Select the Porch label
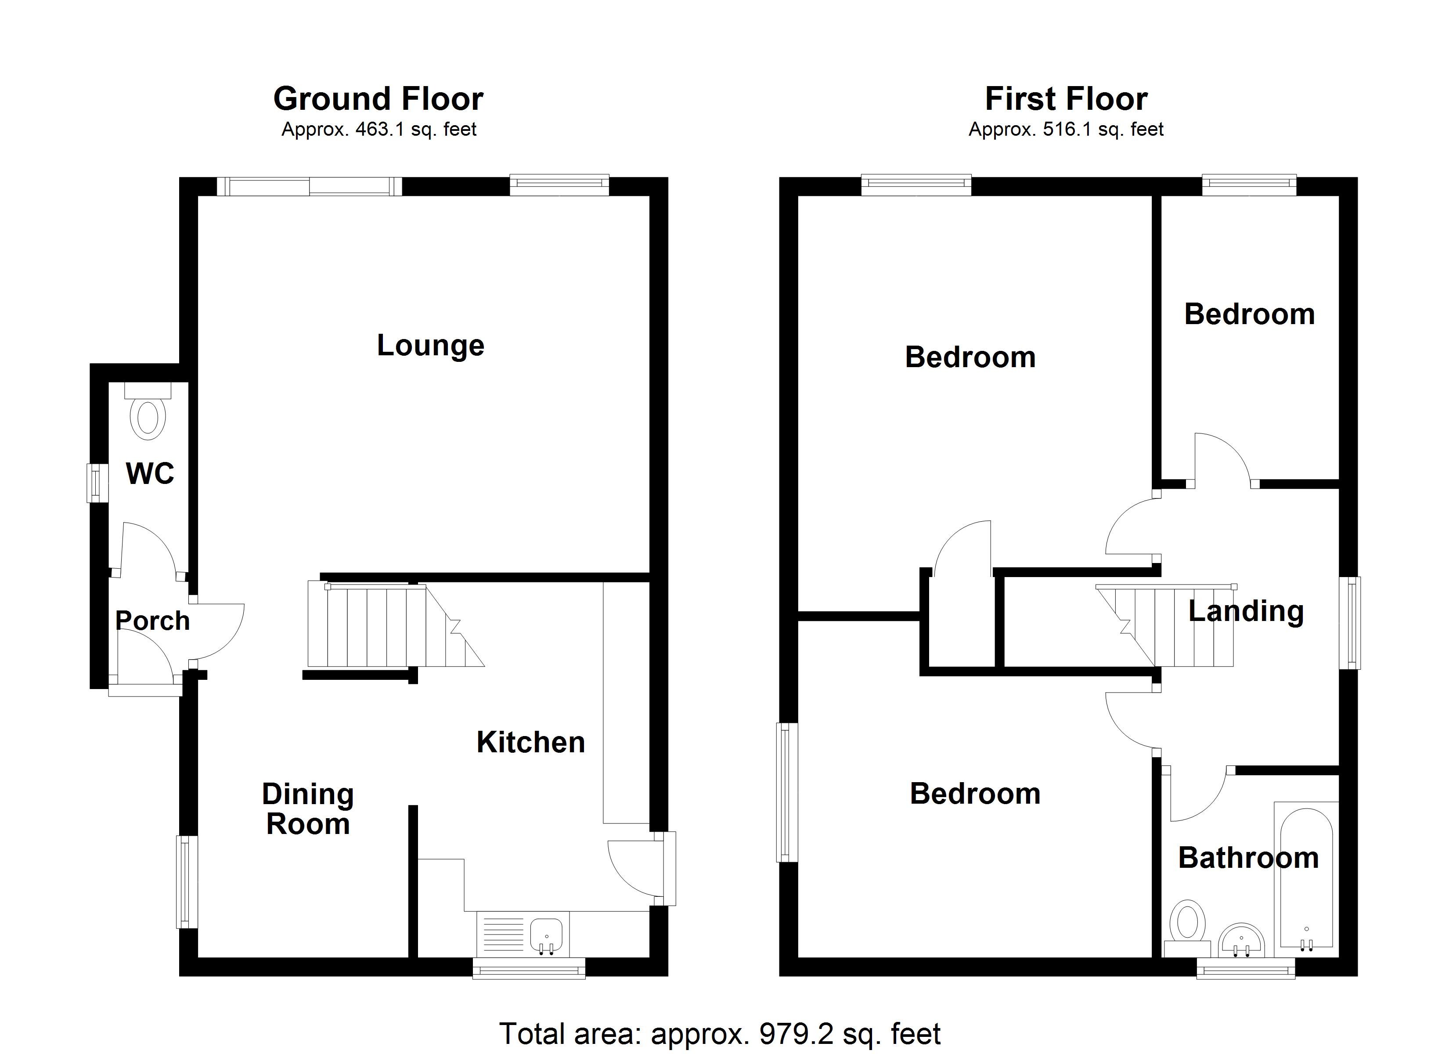[x=152, y=621]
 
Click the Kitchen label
[x=530, y=742]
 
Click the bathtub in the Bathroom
[x=1306, y=877]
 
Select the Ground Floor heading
[x=378, y=99]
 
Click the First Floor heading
[x=1066, y=99]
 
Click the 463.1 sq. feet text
[x=379, y=130]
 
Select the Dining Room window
[x=187, y=881]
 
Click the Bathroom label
[x=1248, y=858]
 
